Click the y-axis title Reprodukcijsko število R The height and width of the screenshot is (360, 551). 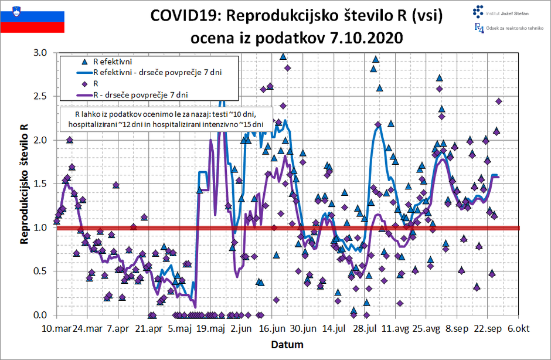tap(24, 184)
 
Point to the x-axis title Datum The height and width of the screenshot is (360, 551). tap(287, 344)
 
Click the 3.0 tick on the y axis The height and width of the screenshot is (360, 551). tap(43, 53)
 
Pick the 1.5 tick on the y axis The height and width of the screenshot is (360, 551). tap(43, 184)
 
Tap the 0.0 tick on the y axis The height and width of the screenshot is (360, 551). tap(43, 315)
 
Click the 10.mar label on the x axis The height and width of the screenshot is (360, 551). tap(57, 329)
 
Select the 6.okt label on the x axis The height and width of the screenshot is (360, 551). tap(518, 329)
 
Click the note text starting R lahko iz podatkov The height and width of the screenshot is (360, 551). tap(166, 118)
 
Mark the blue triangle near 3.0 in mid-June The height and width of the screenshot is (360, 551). tap(283, 57)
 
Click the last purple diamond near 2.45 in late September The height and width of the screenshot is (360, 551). tap(499, 101)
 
